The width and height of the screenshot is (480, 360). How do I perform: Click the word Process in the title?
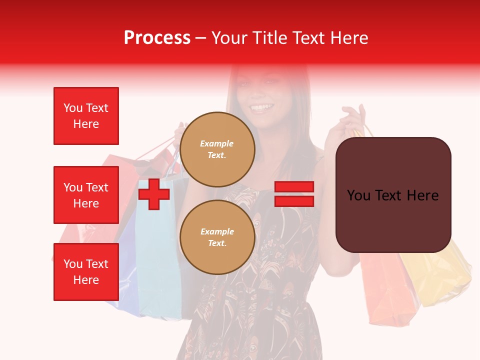coord(157,38)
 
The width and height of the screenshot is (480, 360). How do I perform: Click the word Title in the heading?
coord(268,38)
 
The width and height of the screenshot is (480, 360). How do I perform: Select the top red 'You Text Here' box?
coord(86,116)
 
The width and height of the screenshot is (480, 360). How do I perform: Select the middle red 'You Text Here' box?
coord(86,195)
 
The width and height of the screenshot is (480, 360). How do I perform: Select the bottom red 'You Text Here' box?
coord(86,272)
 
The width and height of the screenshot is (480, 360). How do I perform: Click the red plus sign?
coord(154,194)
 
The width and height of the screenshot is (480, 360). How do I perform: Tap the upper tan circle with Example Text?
coord(217,149)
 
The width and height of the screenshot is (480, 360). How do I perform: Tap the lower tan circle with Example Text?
coord(217,237)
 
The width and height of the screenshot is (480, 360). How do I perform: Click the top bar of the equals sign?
coord(294,187)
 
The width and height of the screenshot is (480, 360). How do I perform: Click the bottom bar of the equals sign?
coord(294,201)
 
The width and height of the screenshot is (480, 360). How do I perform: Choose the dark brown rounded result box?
coord(393,195)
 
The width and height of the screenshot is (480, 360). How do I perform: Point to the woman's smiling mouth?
coord(261,107)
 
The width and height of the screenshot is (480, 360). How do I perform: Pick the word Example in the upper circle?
coord(217,143)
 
